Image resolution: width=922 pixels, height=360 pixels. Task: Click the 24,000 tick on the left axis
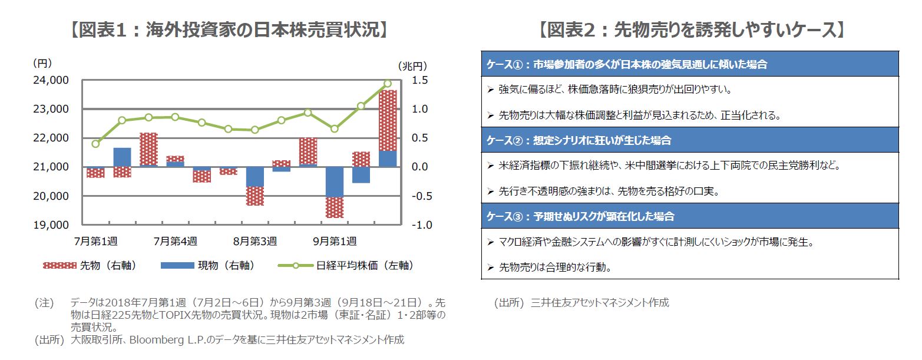[x=51, y=80]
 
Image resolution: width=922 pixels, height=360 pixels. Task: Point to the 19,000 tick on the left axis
[x=51, y=224]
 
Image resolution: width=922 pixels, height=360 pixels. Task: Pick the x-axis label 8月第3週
[x=255, y=241]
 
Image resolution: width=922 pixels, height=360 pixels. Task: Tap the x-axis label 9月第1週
[x=335, y=241]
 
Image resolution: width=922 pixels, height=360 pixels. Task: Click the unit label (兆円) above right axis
[x=412, y=65]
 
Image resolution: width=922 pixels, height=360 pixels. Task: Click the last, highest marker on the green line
[x=387, y=84]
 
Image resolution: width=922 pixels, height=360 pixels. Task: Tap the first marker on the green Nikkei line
[x=95, y=143]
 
